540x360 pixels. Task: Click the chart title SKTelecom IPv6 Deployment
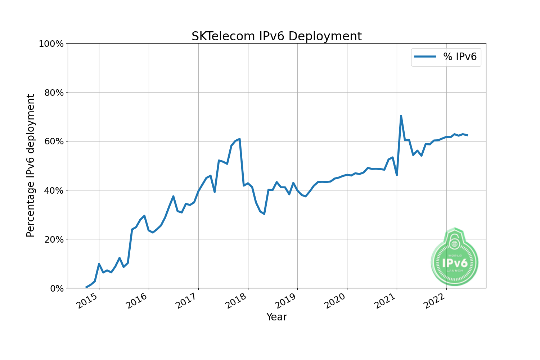coord(276,36)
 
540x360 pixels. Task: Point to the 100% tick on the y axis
coord(51,44)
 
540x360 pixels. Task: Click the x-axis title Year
coord(276,317)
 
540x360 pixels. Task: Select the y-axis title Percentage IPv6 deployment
coord(31,166)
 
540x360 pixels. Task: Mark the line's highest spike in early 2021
coord(401,116)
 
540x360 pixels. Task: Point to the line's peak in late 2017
coord(239,139)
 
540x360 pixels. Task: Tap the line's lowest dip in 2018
coord(264,214)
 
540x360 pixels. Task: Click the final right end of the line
coord(467,135)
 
